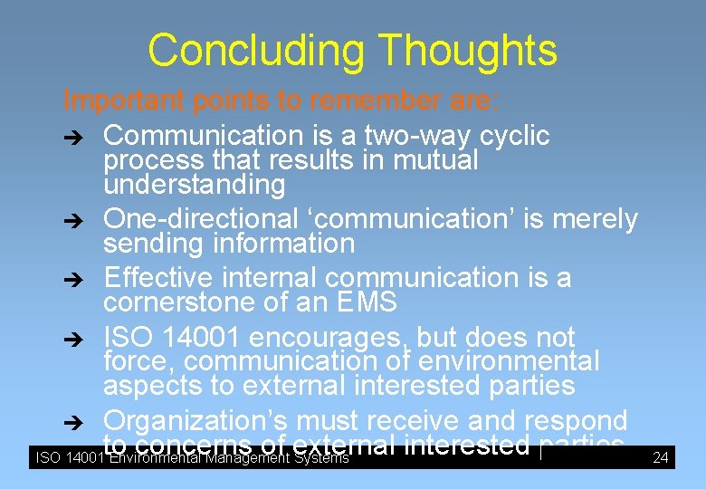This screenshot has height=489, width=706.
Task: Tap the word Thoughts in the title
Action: point(467,51)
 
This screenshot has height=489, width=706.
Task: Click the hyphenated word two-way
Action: point(417,136)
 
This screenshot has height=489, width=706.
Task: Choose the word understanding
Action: point(194,185)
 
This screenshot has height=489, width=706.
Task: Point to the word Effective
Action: point(158,277)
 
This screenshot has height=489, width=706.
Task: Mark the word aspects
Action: point(153,386)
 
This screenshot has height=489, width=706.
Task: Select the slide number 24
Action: point(661,458)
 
